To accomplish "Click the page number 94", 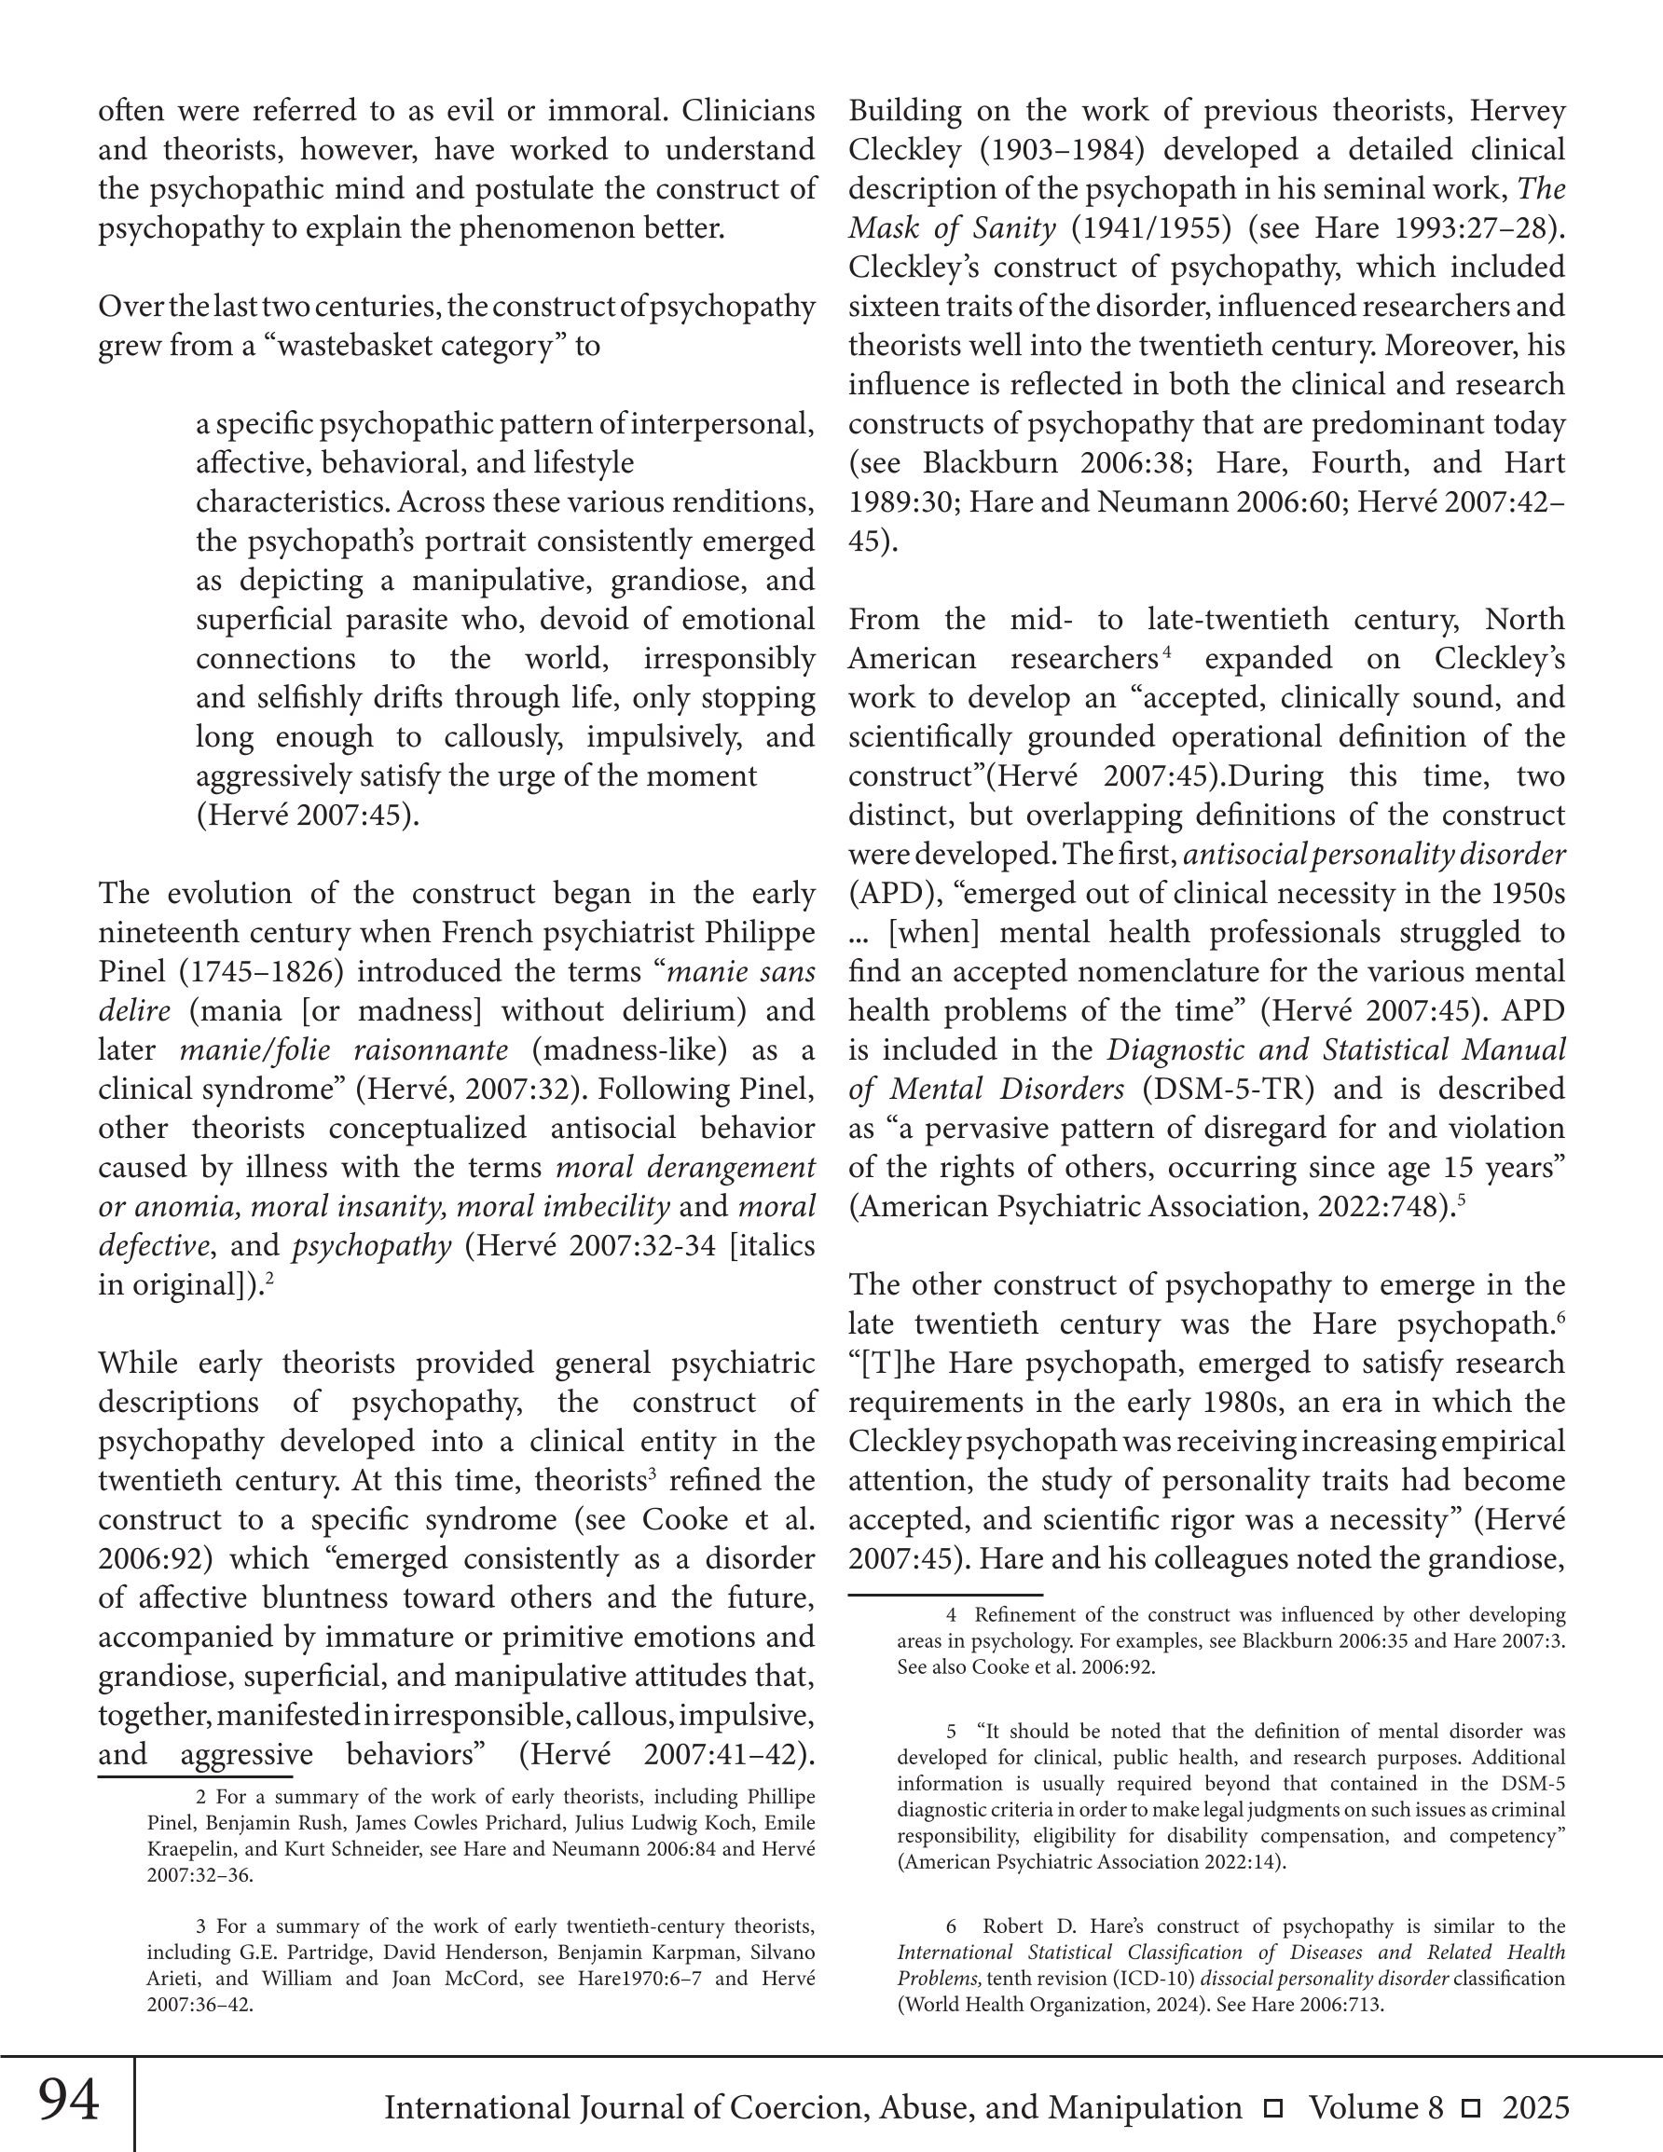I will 69,2100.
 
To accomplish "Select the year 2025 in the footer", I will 1535,2107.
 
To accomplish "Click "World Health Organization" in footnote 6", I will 1022,2003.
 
